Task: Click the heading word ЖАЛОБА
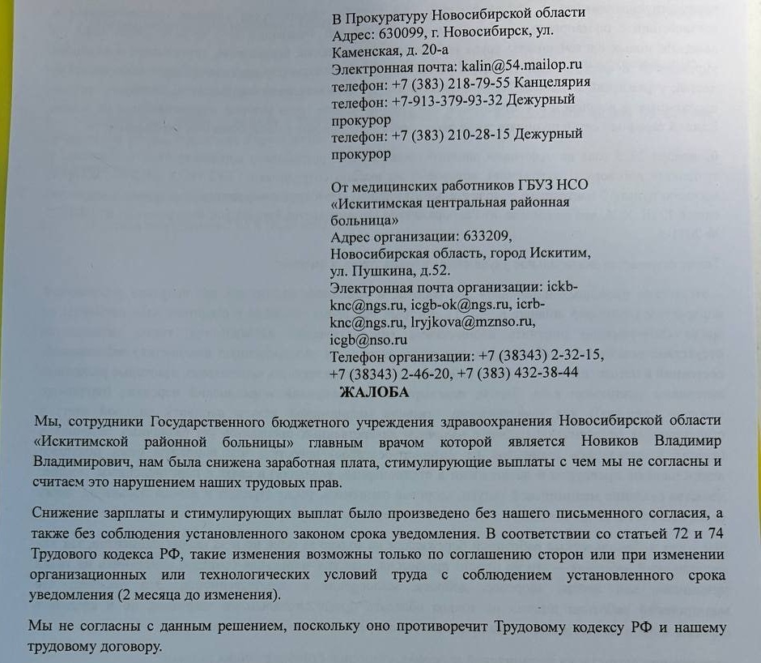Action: tap(375, 393)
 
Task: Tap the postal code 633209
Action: tap(488, 236)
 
